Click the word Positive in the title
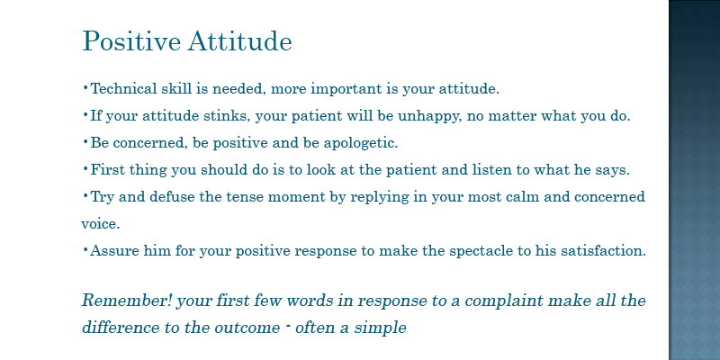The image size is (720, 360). click(x=131, y=41)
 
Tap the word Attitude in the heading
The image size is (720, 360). click(x=239, y=41)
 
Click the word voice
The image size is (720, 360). click(x=101, y=224)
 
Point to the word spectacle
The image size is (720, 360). click(x=483, y=252)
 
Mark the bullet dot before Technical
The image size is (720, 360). click(x=85, y=86)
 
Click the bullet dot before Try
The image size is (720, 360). click(x=85, y=194)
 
